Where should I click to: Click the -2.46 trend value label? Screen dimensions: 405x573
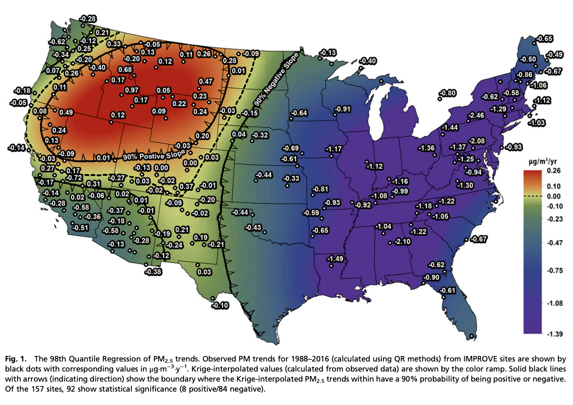476,115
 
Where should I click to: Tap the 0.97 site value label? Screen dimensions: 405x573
132,90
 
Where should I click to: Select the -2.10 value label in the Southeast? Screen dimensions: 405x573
402,241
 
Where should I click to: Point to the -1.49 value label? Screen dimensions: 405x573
335,259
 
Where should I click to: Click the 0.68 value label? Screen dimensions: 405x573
125,69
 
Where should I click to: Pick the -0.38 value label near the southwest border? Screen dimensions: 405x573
153,272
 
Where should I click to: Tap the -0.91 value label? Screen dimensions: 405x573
343,109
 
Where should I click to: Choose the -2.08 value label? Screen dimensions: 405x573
477,141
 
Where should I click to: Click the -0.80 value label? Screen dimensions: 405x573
448,93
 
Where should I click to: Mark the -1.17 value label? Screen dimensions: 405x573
334,149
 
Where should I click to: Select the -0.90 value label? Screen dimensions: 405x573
431,277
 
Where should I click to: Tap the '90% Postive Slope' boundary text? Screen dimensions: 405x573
153,156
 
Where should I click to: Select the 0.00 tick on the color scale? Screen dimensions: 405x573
554,196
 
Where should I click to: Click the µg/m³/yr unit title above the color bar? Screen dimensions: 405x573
542,161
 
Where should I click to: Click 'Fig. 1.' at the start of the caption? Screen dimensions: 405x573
16,359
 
